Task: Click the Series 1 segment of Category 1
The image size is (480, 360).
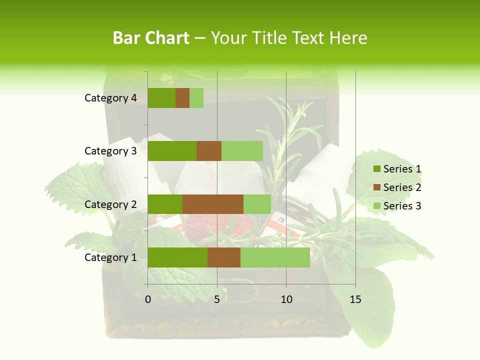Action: (177, 257)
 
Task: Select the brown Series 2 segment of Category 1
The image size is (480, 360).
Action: (224, 257)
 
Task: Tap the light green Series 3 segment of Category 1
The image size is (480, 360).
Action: (275, 257)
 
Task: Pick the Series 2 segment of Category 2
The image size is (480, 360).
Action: (213, 204)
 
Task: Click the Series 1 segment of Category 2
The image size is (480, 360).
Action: (165, 204)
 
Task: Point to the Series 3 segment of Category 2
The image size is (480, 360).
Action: (257, 204)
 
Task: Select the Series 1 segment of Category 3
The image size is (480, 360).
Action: (172, 151)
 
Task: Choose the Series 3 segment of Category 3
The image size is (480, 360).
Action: (242, 151)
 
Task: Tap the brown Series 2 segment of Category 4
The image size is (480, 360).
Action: (182, 98)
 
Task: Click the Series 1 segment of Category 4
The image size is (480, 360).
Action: (161, 98)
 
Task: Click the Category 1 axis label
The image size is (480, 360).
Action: (110, 257)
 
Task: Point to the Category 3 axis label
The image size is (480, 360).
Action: (110, 151)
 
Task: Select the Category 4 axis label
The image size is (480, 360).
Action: (110, 98)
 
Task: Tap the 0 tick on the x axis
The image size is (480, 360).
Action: (148, 299)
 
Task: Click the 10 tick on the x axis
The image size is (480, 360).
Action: (286, 299)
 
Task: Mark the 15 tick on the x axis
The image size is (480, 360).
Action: (355, 299)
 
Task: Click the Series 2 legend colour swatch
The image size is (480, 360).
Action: (376, 187)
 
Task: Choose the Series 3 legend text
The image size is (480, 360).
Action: (402, 206)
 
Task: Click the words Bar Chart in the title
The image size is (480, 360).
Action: (151, 38)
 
